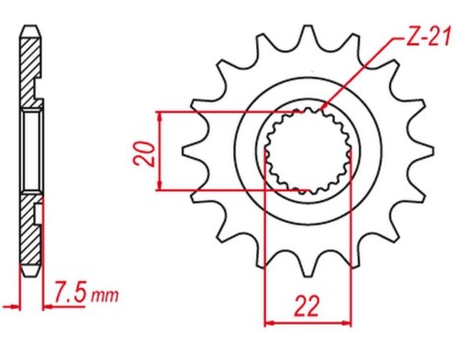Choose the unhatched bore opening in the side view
30,153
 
